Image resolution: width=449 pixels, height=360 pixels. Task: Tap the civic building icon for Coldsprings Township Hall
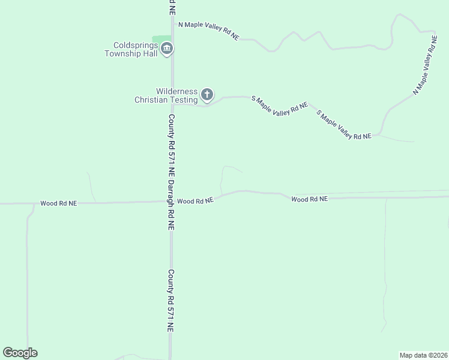point(167,49)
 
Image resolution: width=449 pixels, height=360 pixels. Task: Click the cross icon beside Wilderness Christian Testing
point(207,94)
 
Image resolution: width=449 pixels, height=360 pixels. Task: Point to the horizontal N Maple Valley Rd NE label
point(208,31)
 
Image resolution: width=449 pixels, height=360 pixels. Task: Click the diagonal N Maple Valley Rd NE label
point(425,65)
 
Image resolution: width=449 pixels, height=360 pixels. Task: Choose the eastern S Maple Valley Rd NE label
point(343,125)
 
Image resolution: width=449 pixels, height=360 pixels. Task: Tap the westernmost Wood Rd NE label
point(59,203)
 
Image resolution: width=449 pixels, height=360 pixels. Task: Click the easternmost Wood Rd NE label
point(310,199)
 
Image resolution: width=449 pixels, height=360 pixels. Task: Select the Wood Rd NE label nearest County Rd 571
point(195,201)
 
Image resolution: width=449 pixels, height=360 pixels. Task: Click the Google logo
point(20,353)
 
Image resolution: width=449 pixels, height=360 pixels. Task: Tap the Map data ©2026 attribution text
point(423,355)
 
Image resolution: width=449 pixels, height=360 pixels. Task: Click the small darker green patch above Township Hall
point(161,39)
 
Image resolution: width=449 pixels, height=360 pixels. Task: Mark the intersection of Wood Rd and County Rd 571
point(172,202)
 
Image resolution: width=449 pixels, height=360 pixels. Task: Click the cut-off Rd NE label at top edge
point(172,7)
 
